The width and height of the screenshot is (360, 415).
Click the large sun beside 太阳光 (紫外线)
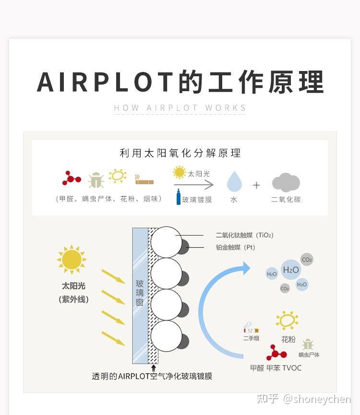click(x=72, y=260)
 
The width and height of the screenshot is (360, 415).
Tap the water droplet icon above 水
click(x=234, y=182)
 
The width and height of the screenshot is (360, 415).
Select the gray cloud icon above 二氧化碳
click(x=286, y=182)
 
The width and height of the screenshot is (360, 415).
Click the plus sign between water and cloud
click(x=257, y=185)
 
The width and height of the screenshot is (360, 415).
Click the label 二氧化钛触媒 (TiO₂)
click(x=244, y=235)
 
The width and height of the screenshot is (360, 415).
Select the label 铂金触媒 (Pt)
click(x=235, y=247)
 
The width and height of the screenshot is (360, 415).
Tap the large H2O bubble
click(x=291, y=270)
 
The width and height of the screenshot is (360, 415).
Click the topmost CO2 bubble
click(x=307, y=260)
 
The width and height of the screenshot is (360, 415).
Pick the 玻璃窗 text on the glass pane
click(x=140, y=293)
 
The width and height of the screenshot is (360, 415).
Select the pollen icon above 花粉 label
click(x=287, y=320)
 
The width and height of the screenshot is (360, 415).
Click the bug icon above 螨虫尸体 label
click(x=308, y=344)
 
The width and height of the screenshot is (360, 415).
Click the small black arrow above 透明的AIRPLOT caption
click(x=153, y=368)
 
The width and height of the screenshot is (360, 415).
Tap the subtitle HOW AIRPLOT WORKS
click(x=180, y=108)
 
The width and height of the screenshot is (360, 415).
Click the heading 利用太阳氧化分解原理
click(x=180, y=153)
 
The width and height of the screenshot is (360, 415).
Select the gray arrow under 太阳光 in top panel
click(x=193, y=185)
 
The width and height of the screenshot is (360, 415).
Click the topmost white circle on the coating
click(x=166, y=241)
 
